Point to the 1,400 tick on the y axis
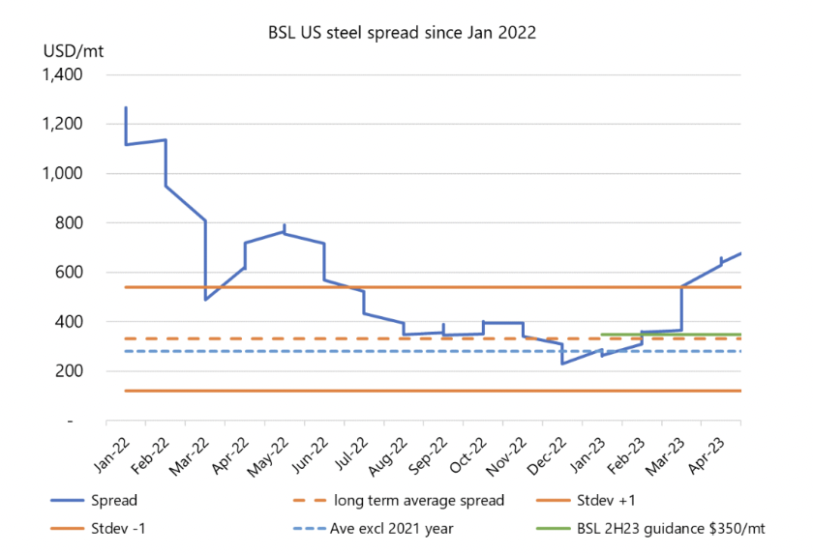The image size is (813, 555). pos(63,75)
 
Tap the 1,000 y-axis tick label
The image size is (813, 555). pos(63,174)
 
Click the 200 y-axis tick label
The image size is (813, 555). pos(71,371)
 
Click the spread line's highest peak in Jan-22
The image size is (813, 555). pos(126,107)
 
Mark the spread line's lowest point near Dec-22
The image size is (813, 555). pos(562,364)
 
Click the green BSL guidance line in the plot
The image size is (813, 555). pos(677,335)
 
